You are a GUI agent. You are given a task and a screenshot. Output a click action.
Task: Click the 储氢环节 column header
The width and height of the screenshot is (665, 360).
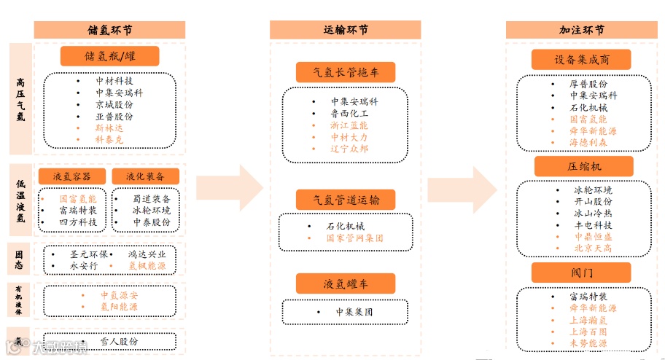coord(109,30)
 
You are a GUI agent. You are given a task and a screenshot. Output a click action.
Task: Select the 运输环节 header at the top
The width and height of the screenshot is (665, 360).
coord(346,30)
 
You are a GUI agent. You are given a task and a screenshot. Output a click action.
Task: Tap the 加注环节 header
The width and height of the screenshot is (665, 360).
coord(582,30)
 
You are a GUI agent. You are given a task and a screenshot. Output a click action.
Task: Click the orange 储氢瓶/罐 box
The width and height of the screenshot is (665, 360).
coord(109,56)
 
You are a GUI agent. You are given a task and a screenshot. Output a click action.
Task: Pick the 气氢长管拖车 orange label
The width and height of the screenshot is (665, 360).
coord(346,72)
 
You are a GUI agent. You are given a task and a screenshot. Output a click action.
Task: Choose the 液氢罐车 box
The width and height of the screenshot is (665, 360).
coord(346,283)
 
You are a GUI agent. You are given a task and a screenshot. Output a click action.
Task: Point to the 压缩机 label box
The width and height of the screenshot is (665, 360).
coord(583,166)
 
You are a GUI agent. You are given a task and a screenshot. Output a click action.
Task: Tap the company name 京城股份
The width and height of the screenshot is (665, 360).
coord(114,105)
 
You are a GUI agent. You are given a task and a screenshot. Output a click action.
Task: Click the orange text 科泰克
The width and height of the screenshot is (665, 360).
coord(110,138)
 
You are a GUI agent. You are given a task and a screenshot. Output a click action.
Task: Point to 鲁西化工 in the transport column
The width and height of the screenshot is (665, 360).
coord(349,114)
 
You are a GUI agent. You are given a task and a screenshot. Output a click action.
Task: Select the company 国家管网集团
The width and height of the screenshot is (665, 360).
coord(354,238)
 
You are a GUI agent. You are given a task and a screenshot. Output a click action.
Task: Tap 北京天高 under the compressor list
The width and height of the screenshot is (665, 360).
coord(593,249)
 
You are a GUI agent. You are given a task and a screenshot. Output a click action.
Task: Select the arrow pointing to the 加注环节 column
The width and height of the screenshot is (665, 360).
coord(464,188)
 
